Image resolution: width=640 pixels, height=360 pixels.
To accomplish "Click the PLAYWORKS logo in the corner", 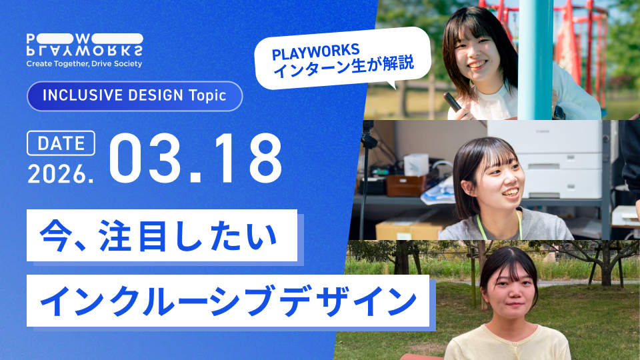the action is (x=85, y=45).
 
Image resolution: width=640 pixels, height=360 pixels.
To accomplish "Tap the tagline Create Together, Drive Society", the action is (x=84, y=64).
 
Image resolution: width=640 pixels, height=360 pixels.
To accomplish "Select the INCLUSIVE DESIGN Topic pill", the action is (x=135, y=96).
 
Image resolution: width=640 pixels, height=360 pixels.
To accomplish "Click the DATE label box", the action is (x=61, y=143).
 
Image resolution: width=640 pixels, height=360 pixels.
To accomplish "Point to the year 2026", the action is (x=61, y=173).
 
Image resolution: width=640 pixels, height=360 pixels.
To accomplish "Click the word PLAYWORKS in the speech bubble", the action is (x=315, y=51).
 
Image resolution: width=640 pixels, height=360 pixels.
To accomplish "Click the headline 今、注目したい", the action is (x=159, y=235).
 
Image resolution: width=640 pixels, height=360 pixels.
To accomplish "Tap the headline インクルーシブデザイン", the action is (x=229, y=301).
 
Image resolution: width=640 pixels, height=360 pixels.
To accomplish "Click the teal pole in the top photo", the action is (x=535, y=59).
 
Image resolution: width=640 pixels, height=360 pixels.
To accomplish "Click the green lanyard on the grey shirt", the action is (x=499, y=227).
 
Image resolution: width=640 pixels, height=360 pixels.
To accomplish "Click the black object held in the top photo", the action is (x=453, y=101).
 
